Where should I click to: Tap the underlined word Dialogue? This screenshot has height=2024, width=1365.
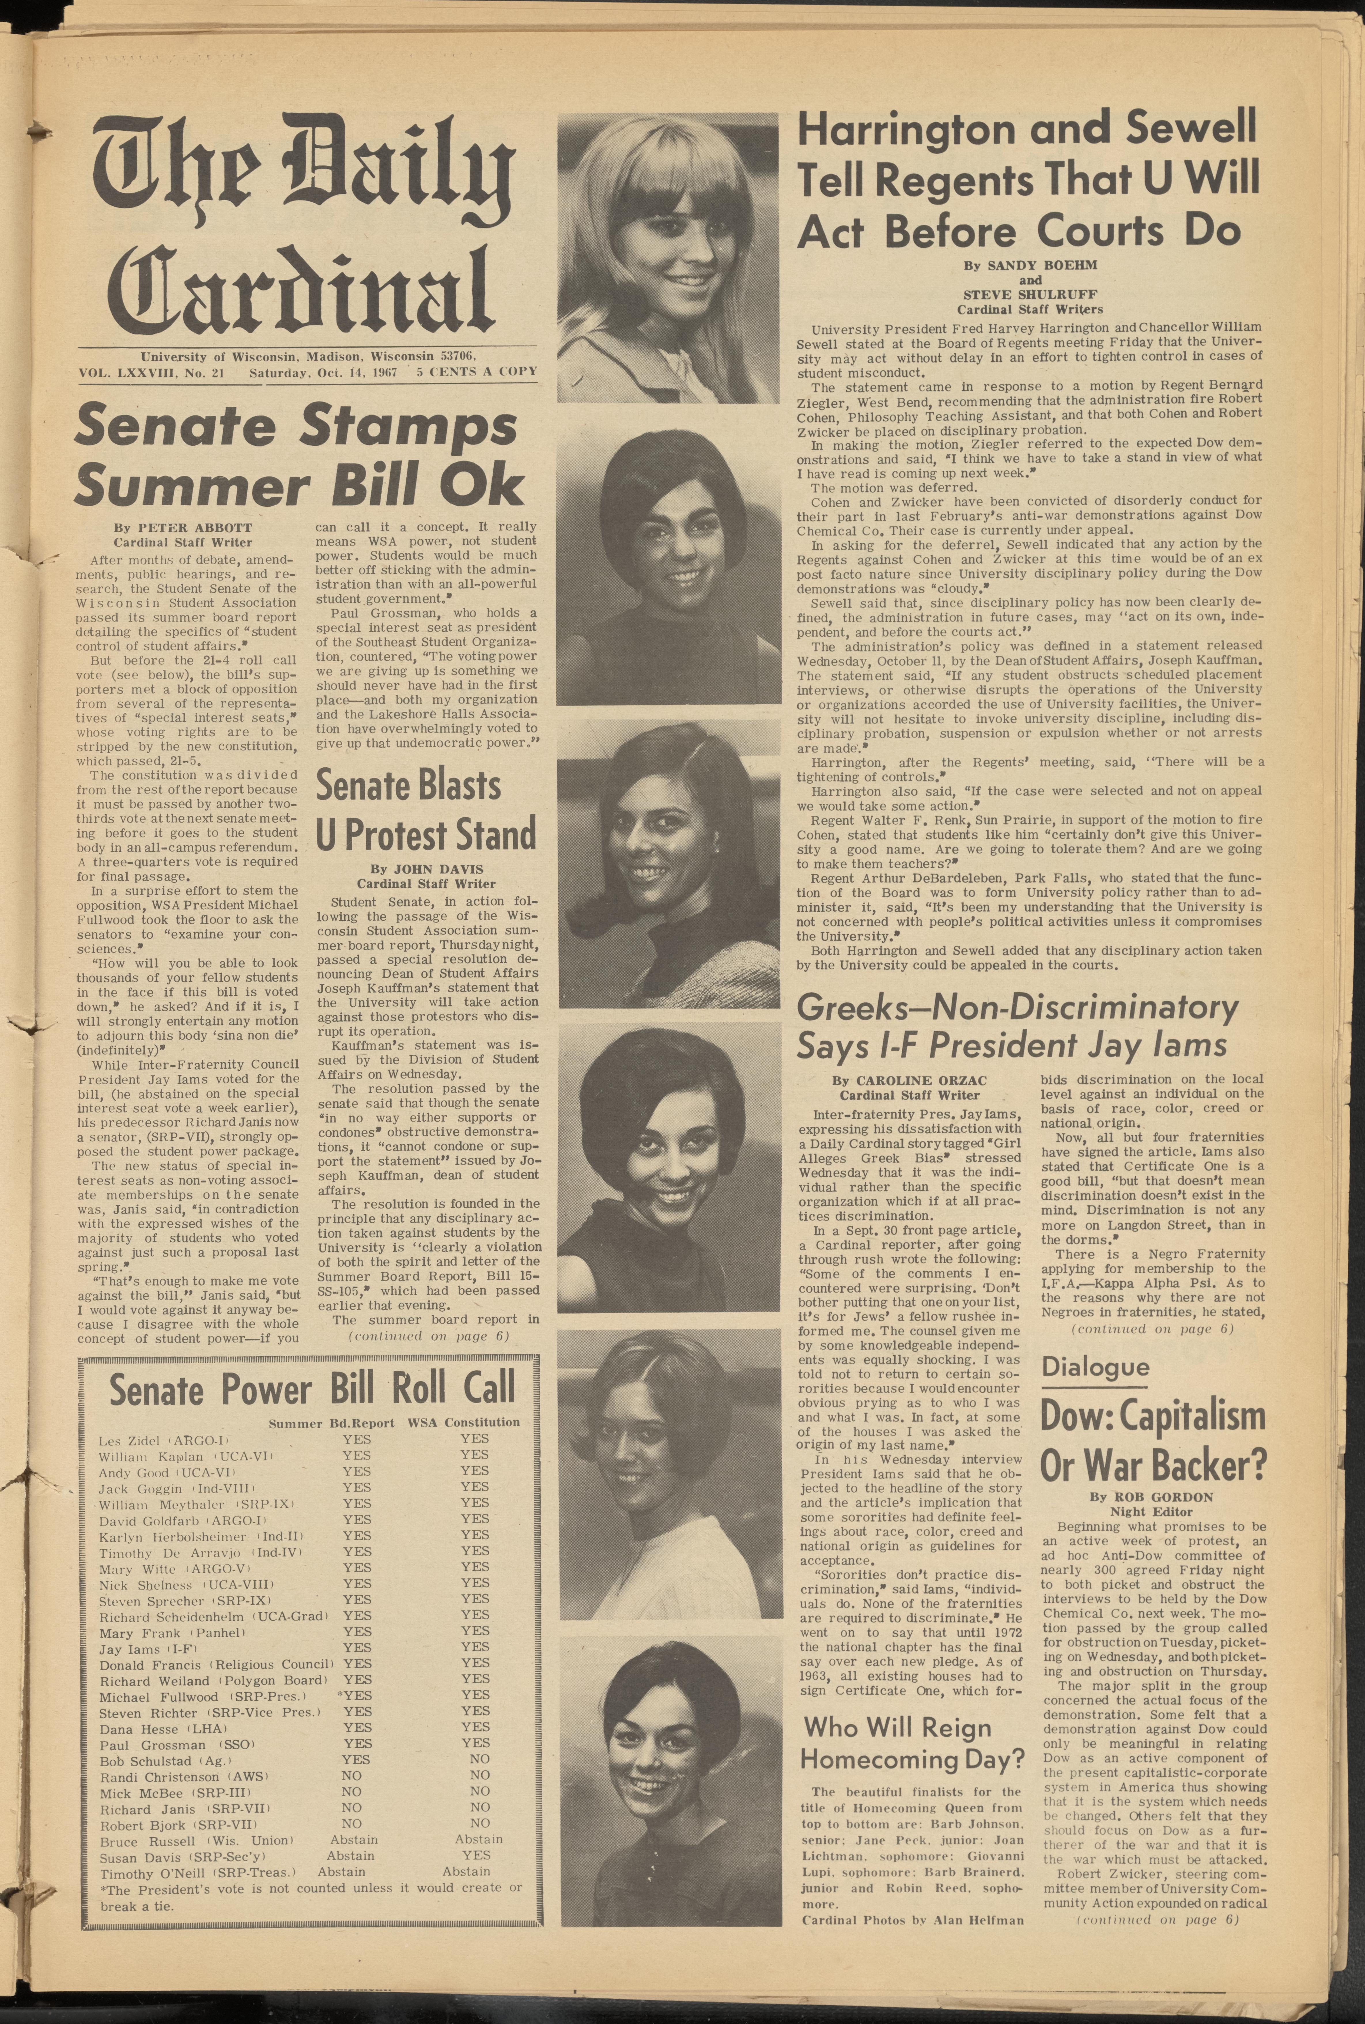point(1094,1367)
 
